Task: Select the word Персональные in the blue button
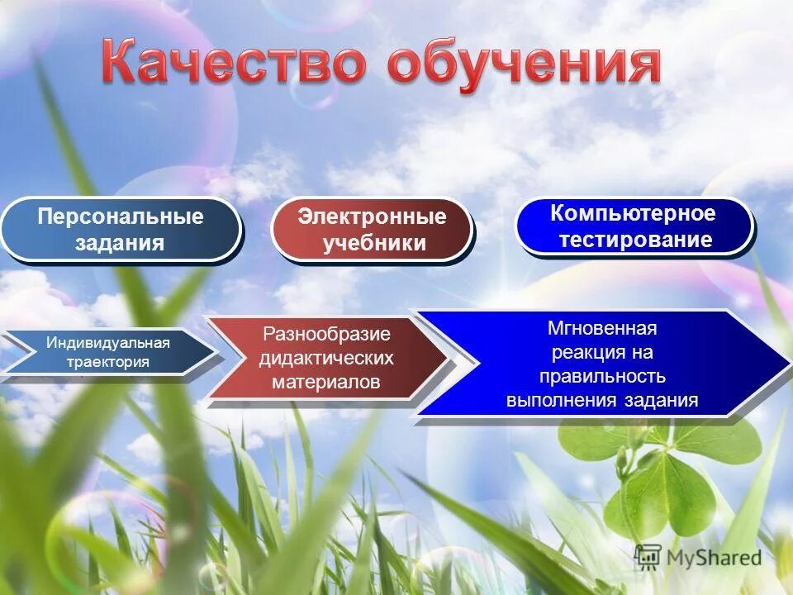pos(120,217)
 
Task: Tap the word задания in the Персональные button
pos(120,243)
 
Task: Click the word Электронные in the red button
pos(372,217)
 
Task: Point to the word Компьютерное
pos(633,213)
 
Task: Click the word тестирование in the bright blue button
pos(634,240)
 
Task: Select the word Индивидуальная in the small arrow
pos(107,342)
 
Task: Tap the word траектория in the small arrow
pos(109,361)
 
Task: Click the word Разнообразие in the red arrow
pos(326,334)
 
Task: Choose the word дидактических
pos(326,358)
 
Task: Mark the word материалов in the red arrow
pos(325,382)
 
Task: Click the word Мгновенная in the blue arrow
pos(602,328)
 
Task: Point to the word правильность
pos(602,377)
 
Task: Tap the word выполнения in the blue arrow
pos(556,401)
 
